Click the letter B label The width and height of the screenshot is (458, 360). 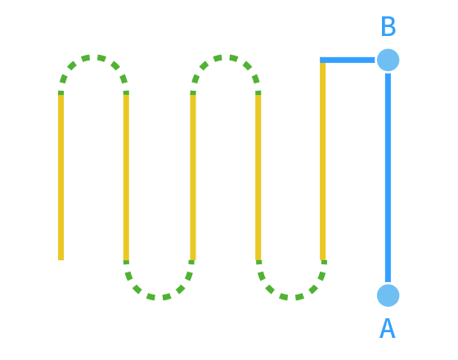click(388, 26)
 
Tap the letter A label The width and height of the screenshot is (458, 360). click(388, 328)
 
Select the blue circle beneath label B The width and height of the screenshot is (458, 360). click(388, 60)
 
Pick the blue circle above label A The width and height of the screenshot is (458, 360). click(388, 295)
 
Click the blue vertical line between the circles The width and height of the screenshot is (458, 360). click(388, 178)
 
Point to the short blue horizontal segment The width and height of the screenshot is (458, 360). click(348, 60)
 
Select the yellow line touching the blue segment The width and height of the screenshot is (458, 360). click(322, 161)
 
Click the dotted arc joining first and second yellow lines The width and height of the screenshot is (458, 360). click(93, 57)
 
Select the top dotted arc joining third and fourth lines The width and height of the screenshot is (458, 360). click(226, 57)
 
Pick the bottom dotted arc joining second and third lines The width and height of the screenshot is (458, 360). click(159, 297)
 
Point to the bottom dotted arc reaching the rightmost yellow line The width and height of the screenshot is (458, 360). click(291, 297)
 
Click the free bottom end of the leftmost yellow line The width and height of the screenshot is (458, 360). click(61, 260)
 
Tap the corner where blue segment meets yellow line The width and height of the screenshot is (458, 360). click(322, 60)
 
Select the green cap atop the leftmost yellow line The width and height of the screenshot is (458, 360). click(61, 92)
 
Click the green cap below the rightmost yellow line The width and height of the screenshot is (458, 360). click(324, 262)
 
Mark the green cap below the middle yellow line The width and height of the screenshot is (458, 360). click(191, 262)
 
